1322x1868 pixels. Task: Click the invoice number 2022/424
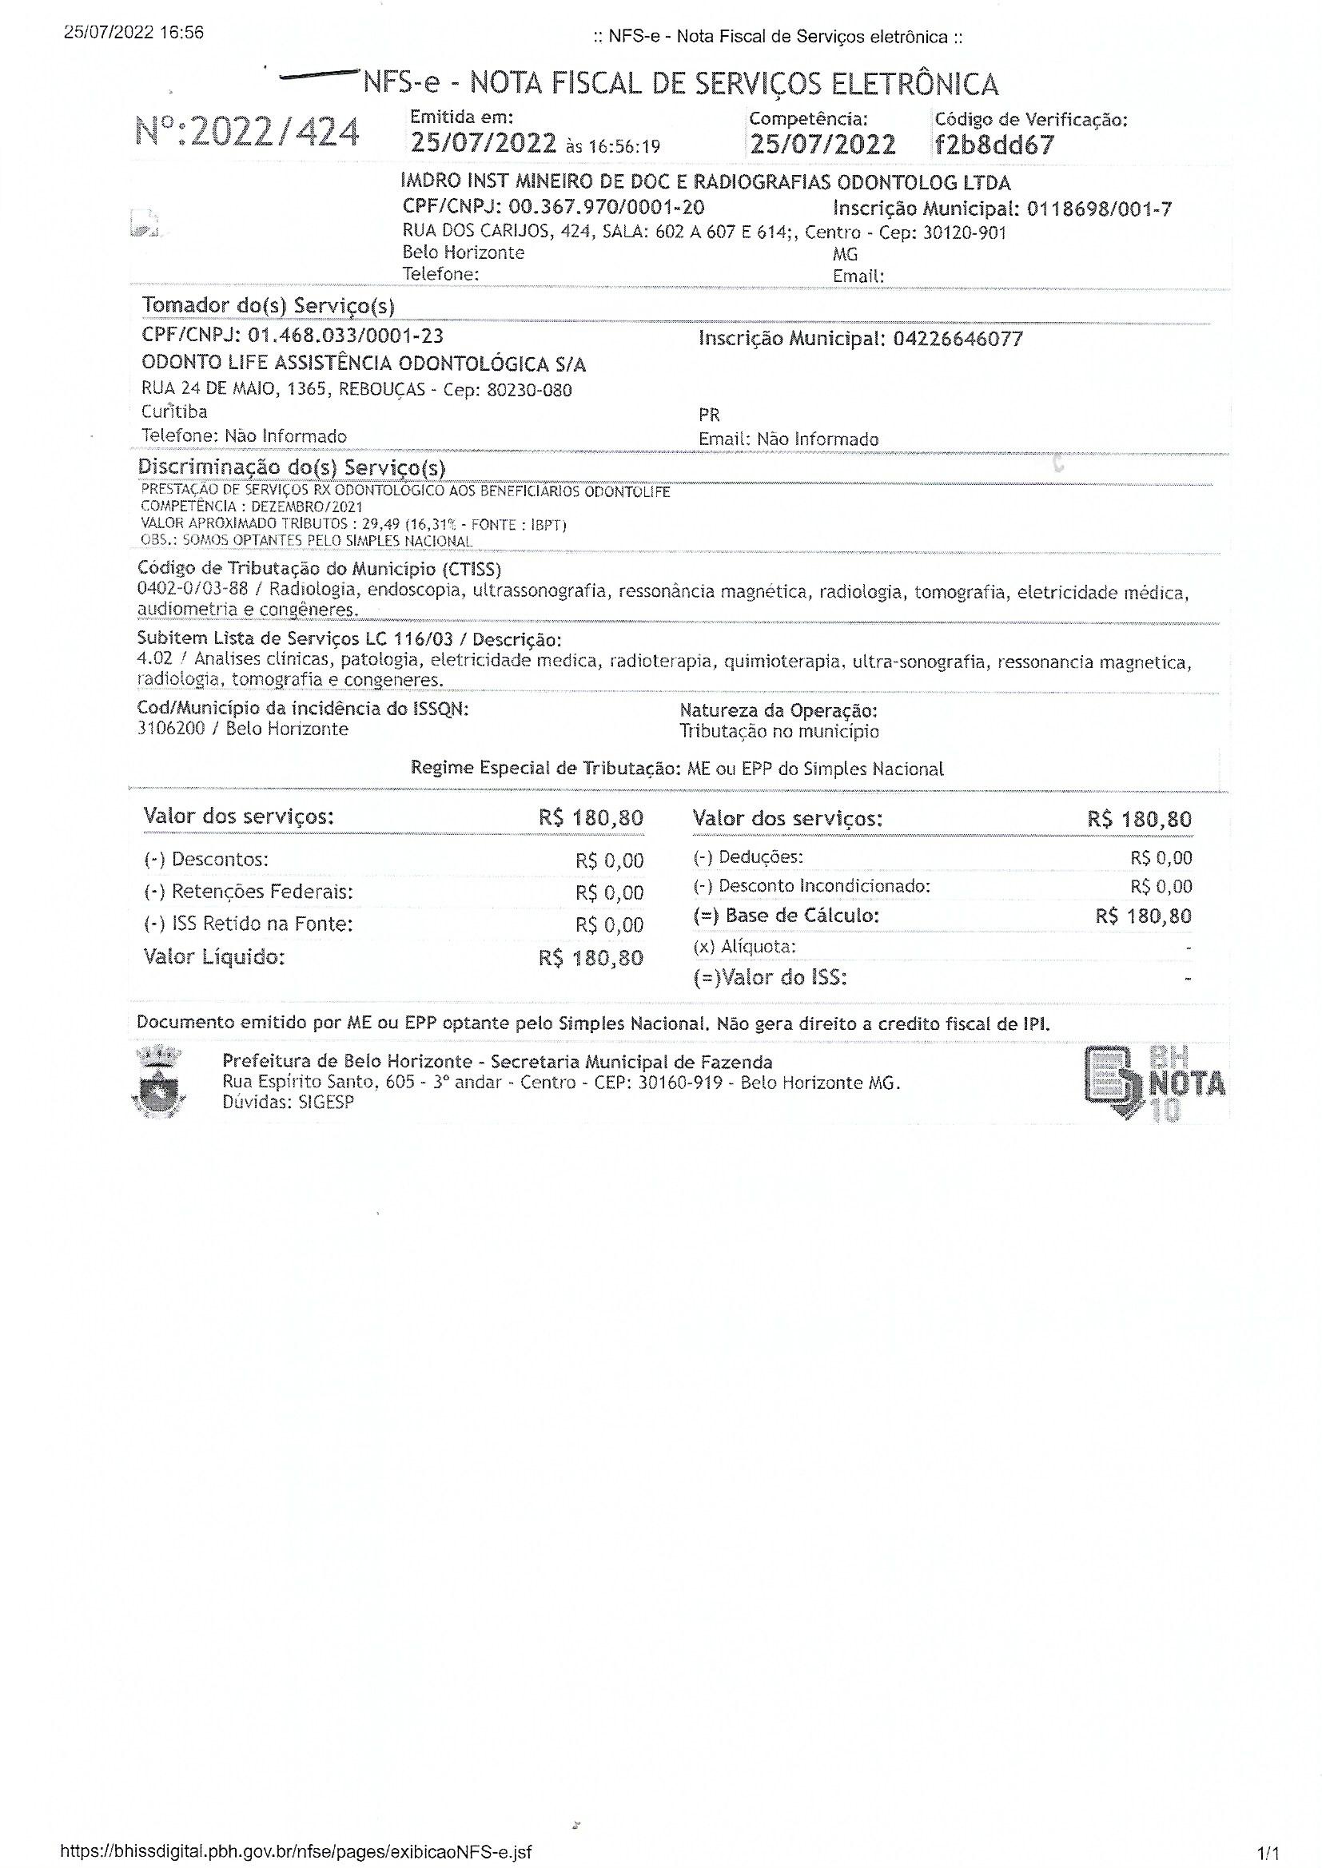coord(273,133)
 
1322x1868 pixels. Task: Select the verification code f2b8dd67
coord(995,145)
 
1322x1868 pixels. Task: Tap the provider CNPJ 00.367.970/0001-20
coord(607,208)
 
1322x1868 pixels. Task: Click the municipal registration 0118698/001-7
coord(1099,209)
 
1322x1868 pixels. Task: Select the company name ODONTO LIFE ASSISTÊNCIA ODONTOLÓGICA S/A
coord(363,364)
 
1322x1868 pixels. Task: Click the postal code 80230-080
coord(529,391)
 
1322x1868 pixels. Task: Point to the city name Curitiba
coord(174,411)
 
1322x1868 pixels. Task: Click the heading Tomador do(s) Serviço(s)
coord(268,306)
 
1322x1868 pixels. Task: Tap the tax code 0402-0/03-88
coord(192,588)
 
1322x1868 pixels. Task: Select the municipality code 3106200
coord(171,729)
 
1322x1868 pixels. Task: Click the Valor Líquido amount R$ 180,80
coord(590,959)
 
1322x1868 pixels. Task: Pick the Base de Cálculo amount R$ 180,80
coord(1143,917)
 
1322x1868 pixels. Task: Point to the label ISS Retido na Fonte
coord(261,924)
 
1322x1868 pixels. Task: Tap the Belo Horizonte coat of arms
coord(159,1083)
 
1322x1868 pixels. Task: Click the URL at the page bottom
coord(296,1852)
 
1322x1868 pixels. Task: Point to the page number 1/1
coord(1268,1854)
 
